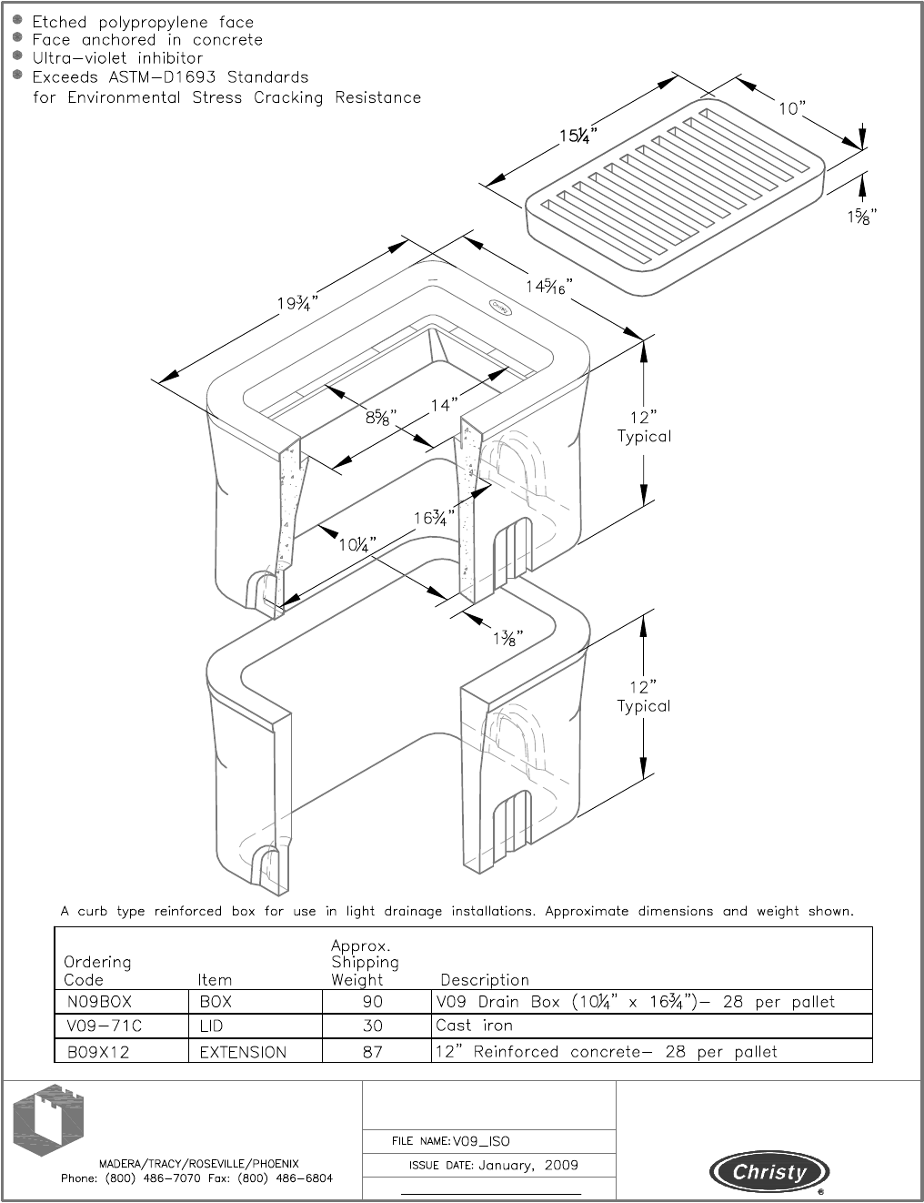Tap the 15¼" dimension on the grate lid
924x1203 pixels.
[x=577, y=136]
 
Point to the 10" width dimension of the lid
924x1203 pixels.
[x=792, y=108]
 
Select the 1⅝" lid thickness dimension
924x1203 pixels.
[x=856, y=217]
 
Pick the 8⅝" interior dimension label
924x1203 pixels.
[x=381, y=418]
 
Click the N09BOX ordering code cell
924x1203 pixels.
[x=99, y=1002]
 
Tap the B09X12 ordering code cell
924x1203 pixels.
[x=100, y=1052]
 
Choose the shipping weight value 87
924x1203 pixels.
[x=373, y=1052]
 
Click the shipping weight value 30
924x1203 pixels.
[x=373, y=1026]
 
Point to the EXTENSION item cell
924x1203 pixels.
[x=243, y=1052]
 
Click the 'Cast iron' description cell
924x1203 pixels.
[x=474, y=1026]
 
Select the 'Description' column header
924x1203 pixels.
[x=485, y=980]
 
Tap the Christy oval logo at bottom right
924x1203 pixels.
[x=769, y=1172]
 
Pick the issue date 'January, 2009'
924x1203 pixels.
[x=527, y=1165]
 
